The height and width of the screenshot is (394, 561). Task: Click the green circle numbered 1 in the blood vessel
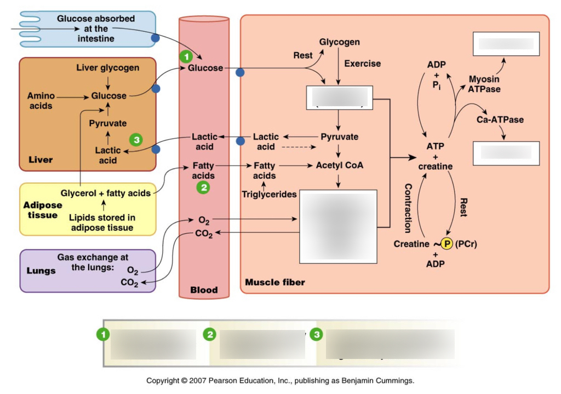coord(187,56)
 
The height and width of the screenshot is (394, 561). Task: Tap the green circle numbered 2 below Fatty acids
coord(203,188)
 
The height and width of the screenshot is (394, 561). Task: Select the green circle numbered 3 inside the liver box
coord(135,140)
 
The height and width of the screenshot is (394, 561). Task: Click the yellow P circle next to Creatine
coord(447,244)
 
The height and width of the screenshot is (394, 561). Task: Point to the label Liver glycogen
coord(108,68)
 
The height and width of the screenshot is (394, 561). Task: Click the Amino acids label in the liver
coord(41,100)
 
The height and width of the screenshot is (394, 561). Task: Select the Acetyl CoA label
coord(339,165)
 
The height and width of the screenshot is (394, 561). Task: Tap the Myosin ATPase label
coord(484,84)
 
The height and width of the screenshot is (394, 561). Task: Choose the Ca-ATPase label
coord(500,119)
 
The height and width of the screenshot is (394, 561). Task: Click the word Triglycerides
coord(269,194)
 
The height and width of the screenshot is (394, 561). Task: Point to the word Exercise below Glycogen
coord(362,63)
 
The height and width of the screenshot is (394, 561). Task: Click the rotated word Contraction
coord(408,208)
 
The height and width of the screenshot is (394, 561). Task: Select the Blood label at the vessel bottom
coord(204,290)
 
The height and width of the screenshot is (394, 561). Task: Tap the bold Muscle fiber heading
coord(275,282)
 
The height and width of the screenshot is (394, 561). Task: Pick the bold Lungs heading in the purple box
coord(41,271)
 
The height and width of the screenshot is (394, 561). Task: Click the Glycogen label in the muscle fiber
coord(340,42)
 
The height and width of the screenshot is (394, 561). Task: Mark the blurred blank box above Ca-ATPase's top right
coord(506,44)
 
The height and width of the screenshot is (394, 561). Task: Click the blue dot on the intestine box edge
coord(155,38)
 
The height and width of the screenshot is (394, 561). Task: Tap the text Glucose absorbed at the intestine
coord(96,28)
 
